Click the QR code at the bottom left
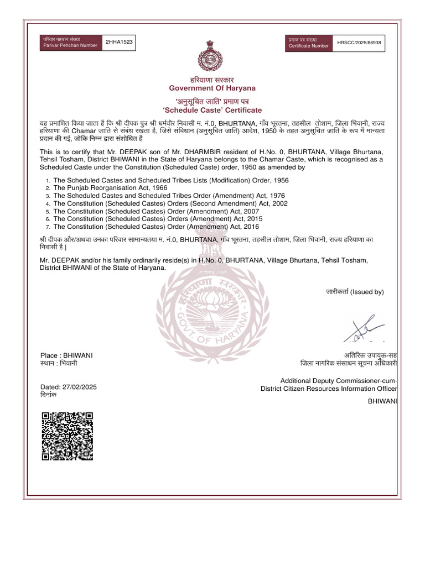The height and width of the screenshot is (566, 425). pos(68,436)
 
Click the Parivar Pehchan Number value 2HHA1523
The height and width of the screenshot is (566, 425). pos(116,42)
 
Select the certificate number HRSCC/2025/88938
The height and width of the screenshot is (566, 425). pos(362,42)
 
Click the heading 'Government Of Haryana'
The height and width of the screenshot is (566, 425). pos(212,88)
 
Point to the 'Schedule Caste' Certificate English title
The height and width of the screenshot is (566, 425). pos(212,111)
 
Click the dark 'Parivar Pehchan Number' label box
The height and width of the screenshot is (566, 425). pos(71,43)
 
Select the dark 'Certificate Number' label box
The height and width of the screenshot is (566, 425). pos(309,43)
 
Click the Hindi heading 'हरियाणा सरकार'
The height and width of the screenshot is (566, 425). pos(212,80)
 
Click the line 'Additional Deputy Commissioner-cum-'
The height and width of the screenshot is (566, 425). pos(339,380)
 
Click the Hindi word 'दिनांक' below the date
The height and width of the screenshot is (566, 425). pos(53,396)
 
